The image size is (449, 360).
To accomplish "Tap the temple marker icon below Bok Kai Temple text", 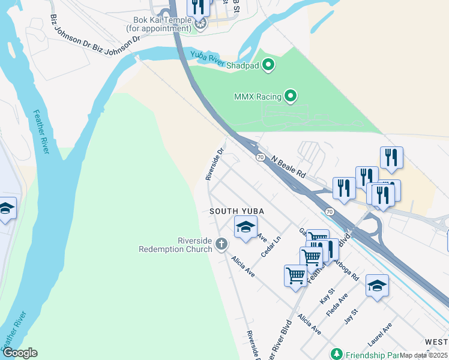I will tap(200, 24).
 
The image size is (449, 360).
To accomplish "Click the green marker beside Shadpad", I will tap(269, 64).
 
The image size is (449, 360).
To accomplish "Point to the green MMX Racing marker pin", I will tap(291, 95).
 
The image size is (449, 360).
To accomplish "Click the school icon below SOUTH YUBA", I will tap(245, 227).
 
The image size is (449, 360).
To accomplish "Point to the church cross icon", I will tap(221, 244).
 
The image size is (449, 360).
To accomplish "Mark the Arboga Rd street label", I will tap(347, 269).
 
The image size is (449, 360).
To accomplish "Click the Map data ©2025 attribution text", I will tap(424, 355).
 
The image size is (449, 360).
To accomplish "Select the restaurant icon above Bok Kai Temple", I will tap(198, 6).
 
